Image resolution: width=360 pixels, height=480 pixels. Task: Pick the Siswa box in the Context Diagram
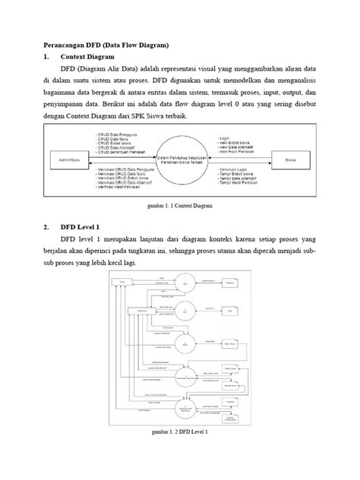[290, 161]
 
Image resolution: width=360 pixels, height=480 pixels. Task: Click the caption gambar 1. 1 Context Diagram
[179, 205]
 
